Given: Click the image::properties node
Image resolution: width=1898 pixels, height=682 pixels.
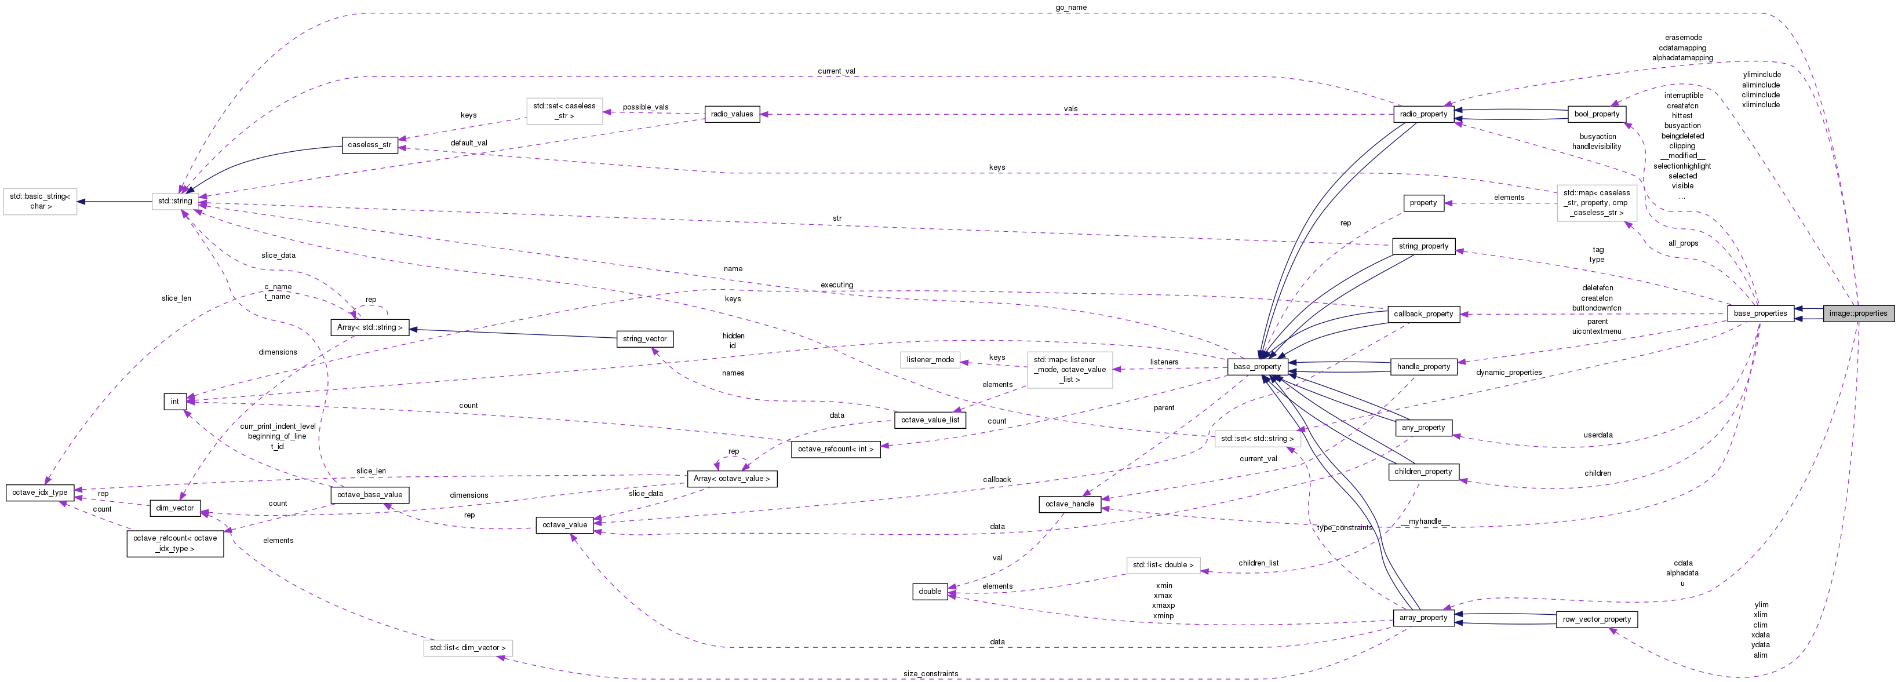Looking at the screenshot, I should (1857, 313).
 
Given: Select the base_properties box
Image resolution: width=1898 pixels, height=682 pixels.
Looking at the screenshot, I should (1760, 313).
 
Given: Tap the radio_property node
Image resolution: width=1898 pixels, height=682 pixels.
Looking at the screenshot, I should (1423, 114).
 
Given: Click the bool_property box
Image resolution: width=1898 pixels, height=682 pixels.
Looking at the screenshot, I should (1597, 114).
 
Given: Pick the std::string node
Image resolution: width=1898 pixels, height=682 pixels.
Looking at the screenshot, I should (174, 201).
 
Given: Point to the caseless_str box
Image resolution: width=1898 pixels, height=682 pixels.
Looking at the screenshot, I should (369, 145).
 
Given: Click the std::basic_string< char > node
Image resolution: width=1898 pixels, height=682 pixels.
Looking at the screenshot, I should (40, 201).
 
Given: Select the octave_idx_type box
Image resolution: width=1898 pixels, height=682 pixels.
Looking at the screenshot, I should (40, 492).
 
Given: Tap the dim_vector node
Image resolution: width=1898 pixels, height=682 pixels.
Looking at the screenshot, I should (174, 508).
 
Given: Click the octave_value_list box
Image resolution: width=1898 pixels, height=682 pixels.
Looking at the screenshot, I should (930, 420).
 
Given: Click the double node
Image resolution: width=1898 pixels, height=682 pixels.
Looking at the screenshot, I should (930, 592).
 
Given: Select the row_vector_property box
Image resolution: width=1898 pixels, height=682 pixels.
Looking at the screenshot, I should (1597, 619).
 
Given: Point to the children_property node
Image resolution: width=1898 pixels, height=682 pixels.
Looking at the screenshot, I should (1423, 471).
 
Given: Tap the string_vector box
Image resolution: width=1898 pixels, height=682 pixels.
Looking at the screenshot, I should (644, 339).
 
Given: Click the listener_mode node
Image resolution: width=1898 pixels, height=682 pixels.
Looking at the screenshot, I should (930, 359).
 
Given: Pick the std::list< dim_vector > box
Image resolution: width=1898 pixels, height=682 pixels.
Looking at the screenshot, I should (468, 648).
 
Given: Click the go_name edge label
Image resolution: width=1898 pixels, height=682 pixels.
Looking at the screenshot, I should (1070, 8).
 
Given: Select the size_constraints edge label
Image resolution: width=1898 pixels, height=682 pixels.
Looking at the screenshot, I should (931, 674).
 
